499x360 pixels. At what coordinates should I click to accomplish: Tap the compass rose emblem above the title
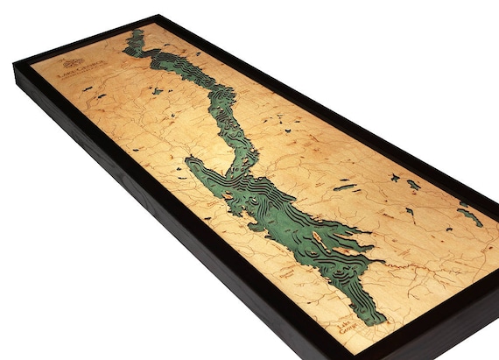point(74,63)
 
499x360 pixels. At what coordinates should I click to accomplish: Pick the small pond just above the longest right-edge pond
point(462,204)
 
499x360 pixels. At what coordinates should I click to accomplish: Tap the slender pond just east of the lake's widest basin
point(342,187)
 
